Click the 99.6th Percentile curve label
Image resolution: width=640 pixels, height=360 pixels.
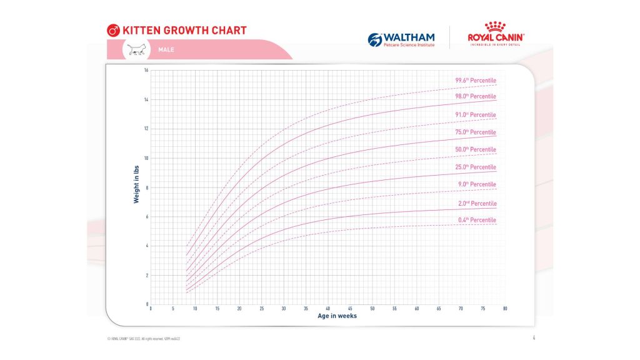click(x=476, y=80)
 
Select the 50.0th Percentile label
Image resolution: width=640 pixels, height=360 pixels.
click(x=476, y=149)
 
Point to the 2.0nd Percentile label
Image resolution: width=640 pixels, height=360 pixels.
click(x=476, y=203)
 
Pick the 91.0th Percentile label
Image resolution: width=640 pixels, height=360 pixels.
click(x=476, y=114)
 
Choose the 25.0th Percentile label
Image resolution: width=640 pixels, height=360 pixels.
click(x=476, y=167)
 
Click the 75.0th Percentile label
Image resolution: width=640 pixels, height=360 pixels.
click(x=476, y=132)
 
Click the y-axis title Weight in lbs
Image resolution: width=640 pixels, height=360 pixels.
click(x=136, y=187)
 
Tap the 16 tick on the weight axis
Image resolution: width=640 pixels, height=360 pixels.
click(x=146, y=70)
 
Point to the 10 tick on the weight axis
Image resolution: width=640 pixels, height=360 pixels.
click(x=146, y=158)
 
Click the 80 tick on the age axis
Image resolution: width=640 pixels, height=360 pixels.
click(x=505, y=309)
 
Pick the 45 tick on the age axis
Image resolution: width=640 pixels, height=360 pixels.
click(x=350, y=309)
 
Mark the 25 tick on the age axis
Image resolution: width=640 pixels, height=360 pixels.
click(x=261, y=309)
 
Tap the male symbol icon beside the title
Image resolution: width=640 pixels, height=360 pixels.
click(x=113, y=30)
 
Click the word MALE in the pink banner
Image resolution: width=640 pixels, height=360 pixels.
click(x=166, y=49)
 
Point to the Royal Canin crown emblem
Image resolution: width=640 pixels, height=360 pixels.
click(x=496, y=27)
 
